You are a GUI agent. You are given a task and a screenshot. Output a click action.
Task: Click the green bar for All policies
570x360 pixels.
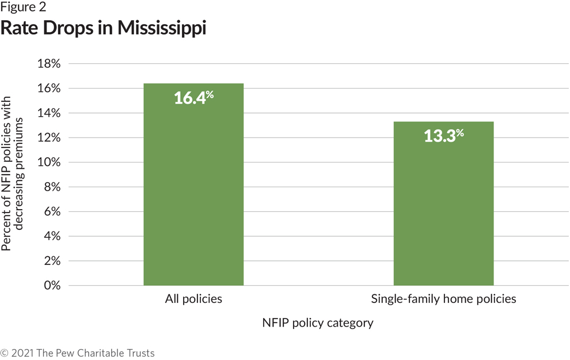[193, 184]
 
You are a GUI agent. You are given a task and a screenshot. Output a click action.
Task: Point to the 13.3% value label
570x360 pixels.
[443, 136]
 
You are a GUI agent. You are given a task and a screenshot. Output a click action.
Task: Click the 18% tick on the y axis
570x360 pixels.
[48, 64]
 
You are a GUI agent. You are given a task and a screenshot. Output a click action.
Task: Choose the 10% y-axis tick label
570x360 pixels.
[48, 162]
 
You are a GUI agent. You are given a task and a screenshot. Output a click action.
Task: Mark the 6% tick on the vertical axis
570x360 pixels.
[51, 212]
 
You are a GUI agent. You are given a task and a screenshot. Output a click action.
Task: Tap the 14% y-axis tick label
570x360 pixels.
[48, 113]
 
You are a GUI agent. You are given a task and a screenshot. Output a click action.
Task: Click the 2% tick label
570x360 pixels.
[51, 261]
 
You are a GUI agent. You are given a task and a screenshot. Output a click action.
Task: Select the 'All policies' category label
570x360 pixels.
[193, 299]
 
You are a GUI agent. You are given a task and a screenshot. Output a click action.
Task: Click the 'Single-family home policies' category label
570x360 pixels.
[443, 299]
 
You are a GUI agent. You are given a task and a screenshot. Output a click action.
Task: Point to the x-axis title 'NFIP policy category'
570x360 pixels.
[318, 323]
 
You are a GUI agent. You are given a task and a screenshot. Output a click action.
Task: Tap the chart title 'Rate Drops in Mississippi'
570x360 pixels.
[103, 28]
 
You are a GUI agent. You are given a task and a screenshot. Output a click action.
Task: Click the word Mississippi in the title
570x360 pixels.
[161, 28]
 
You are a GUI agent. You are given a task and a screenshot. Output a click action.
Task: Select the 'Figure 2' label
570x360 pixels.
[24, 7]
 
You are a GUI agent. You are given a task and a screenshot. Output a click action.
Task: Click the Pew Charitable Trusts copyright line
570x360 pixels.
[78, 353]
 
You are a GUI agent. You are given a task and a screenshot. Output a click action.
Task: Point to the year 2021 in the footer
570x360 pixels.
[22, 353]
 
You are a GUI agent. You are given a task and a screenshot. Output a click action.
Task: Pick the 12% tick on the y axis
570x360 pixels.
[48, 138]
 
